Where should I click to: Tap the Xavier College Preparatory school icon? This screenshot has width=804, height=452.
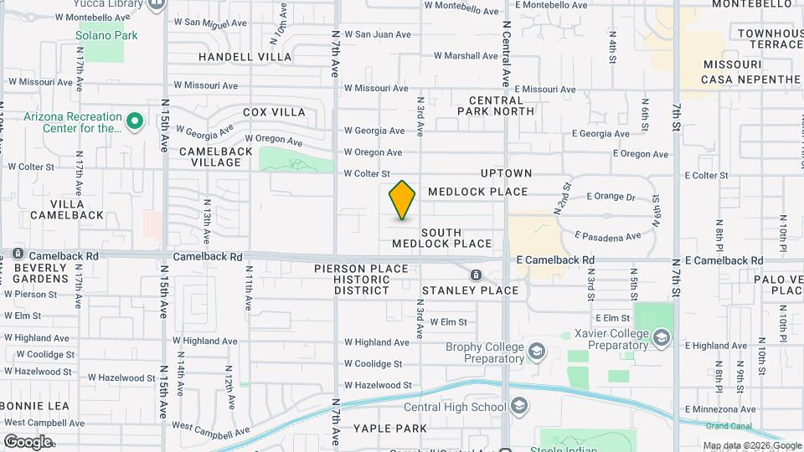[x=662, y=337]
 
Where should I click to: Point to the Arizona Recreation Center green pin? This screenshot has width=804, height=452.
[x=134, y=123]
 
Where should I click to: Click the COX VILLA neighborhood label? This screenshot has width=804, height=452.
[x=274, y=112]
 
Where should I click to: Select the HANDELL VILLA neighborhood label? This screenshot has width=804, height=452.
[x=245, y=57]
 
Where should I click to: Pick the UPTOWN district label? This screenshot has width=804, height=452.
[x=506, y=173]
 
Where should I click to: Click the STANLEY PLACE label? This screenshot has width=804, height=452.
[x=470, y=290]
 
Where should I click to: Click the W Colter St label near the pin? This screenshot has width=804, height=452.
[x=367, y=173]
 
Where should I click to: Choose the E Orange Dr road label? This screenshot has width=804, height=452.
[x=611, y=198]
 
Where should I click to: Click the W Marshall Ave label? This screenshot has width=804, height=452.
[x=466, y=56]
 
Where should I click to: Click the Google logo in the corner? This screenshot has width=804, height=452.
[x=28, y=441]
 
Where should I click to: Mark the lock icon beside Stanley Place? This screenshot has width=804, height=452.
[x=476, y=275]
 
